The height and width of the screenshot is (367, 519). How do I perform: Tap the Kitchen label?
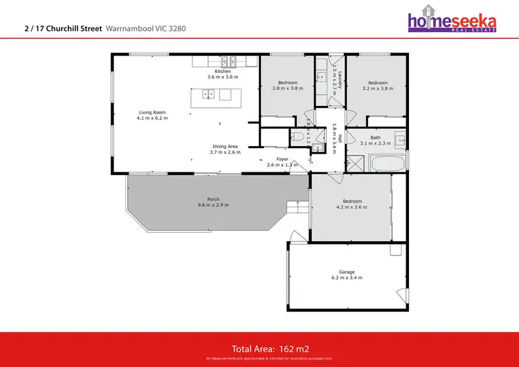click(x=222, y=71)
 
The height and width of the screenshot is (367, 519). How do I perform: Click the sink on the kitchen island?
click(x=208, y=95)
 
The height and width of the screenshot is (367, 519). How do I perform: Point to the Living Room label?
click(x=152, y=112)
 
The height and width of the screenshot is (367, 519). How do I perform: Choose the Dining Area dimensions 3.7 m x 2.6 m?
click(x=226, y=152)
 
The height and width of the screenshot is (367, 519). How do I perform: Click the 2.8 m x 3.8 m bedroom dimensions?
click(x=288, y=89)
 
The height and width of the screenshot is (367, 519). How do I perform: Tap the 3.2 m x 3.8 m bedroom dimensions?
click(x=377, y=89)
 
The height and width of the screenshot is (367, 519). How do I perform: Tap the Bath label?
click(x=375, y=137)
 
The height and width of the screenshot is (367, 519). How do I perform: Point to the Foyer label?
click(x=282, y=159)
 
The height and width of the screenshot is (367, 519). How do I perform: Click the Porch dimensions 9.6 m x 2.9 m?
click(x=213, y=205)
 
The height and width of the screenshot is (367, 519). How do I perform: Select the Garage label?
click(x=347, y=272)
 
